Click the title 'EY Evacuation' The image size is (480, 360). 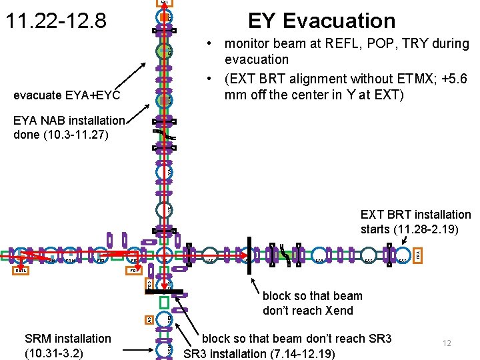tap(321, 21)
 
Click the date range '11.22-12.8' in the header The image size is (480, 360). tap(55, 21)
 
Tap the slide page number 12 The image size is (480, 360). tap(447, 343)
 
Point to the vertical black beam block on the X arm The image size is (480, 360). tap(248, 255)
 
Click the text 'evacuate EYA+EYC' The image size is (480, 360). tap(67, 96)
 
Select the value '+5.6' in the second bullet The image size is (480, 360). tap(455, 79)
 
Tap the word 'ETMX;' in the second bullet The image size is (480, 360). tap(407, 79)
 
